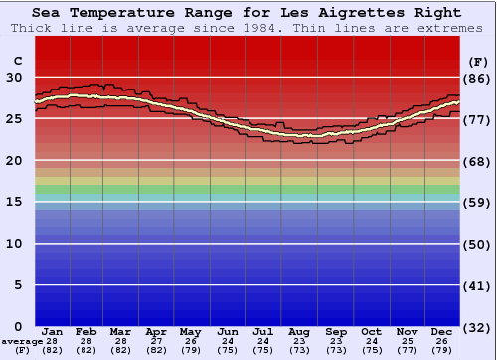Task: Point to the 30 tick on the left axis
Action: click(x=16, y=77)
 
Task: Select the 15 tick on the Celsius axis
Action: click(x=16, y=202)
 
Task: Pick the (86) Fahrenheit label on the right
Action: click(x=476, y=78)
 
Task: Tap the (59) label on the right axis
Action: click(x=476, y=203)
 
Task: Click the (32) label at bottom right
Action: click(x=476, y=327)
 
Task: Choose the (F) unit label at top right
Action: click(x=476, y=61)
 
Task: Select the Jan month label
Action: click(x=53, y=331)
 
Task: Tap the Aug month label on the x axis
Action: click(x=299, y=331)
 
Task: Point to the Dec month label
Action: click(x=442, y=331)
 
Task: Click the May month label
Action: click(x=191, y=331)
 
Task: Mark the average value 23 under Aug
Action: click(x=299, y=341)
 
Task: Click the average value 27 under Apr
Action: click(x=156, y=341)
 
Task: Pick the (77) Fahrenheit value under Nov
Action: click(x=408, y=350)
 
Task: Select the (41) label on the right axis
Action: click(x=476, y=285)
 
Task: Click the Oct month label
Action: click(x=371, y=331)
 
